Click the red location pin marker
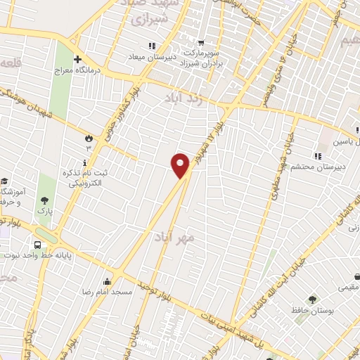181,166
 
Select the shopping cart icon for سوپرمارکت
201,42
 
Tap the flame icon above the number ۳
89,137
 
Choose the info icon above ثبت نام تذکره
85,163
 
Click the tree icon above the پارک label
45,200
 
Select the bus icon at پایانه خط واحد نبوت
37,245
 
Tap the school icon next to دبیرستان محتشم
318,155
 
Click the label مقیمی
347,287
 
